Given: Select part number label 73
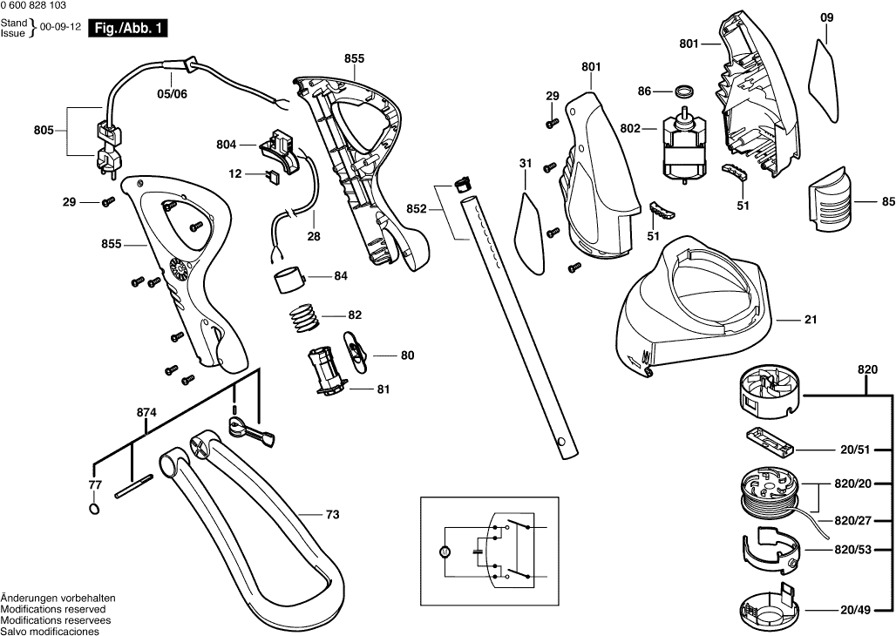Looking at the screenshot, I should click(x=332, y=515).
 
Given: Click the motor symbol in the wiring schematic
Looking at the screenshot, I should click(x=443, y=551).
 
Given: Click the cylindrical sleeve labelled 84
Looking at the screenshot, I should click(x=290, y=281).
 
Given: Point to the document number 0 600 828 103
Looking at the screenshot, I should click(x=38, y=7).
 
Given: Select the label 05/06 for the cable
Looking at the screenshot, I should click(x=172, y=93).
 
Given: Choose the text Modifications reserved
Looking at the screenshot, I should click(x=53, y=609).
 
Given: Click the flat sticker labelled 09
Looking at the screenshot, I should click(x=823, y=80).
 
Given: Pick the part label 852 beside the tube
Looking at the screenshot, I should click(x=416, y=208).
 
